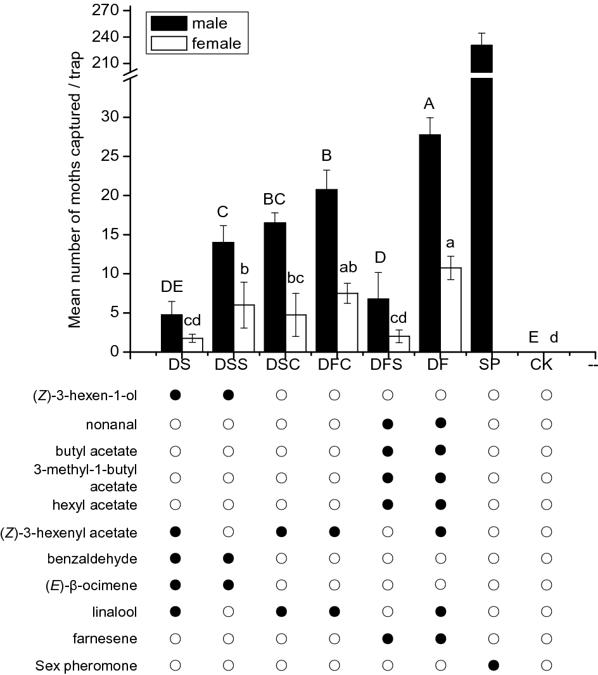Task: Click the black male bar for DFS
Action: click(378, 325)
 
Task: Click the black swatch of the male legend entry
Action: click(169, 24)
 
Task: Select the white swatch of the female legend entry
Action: click(169, 43)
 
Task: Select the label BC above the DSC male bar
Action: click(274, 198)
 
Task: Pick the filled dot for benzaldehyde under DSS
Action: click(229, 558)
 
